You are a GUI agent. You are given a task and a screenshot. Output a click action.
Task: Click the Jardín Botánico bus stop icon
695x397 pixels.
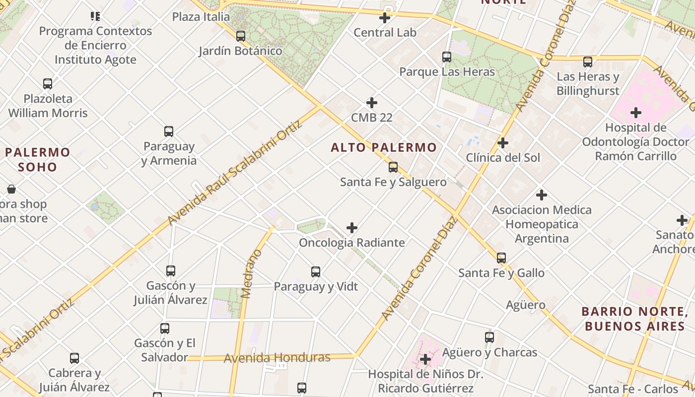(241, 36)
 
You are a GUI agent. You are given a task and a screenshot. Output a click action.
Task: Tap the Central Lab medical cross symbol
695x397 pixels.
(385, 18)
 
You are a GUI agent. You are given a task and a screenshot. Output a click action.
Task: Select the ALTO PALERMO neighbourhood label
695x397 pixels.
(384, 147)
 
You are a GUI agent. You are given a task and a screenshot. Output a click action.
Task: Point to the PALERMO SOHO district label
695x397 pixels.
(38, 159)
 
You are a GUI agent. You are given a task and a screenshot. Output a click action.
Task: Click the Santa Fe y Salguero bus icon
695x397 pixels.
(393, 167)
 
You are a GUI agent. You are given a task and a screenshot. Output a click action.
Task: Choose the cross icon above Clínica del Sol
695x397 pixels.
(503, 143)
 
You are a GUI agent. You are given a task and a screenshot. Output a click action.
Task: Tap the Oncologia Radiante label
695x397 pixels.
(351, 243)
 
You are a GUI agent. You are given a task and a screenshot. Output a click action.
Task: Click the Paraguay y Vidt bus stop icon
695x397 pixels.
(316, 272)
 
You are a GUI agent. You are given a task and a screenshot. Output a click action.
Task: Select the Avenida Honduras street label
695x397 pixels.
(277, 358)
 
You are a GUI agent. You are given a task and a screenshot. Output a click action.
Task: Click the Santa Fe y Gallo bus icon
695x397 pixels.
(501, 258)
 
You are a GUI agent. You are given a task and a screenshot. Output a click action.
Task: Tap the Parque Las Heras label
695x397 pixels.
(447, 72)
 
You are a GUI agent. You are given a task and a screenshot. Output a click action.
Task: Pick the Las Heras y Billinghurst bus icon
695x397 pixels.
(588, 62)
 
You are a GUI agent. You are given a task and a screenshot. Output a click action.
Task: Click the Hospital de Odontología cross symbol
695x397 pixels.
(636, 113)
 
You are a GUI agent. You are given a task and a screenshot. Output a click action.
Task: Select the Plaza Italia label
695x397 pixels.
(201, 17)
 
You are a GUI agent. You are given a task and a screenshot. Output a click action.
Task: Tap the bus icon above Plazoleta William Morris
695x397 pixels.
(48, 84)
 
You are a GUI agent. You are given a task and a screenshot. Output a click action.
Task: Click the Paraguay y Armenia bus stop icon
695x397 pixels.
(169, 132)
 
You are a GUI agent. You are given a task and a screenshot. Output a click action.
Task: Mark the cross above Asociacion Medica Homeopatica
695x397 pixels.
(542, 195)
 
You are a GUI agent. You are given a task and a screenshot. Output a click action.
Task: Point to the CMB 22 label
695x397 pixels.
(372, 118)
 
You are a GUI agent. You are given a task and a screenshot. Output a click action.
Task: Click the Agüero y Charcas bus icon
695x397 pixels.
(489, 337)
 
